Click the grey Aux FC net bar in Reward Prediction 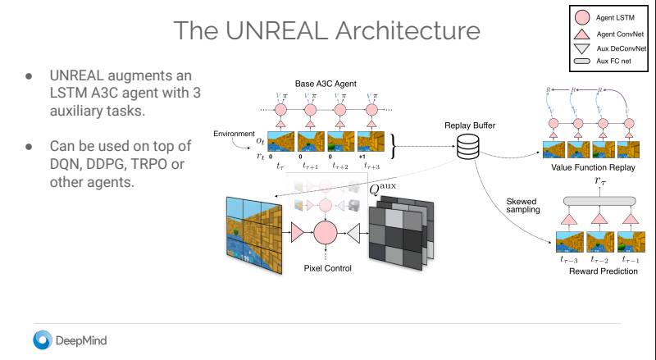[599, 200]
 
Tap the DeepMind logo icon [42, 339]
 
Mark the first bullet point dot [29, 75]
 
